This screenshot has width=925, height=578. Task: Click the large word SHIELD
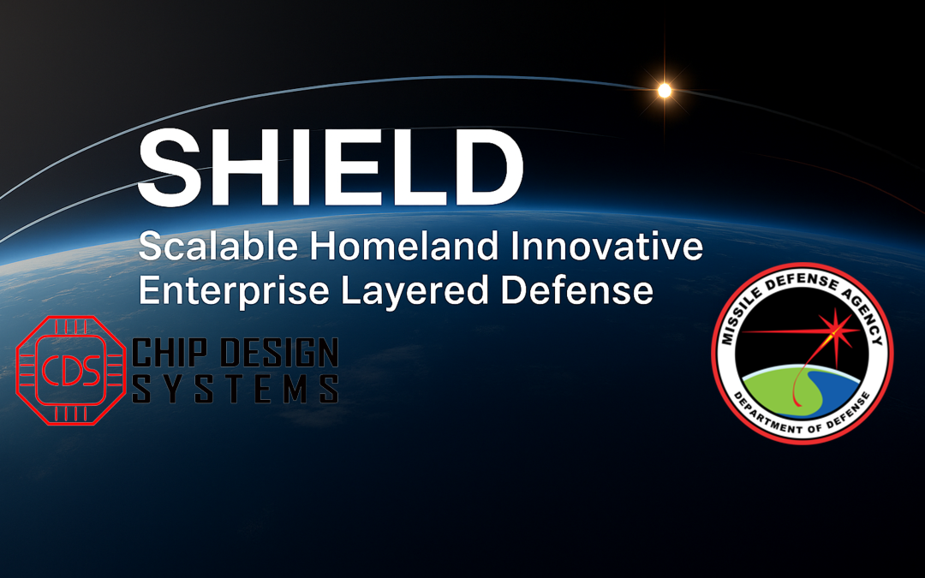pyautogui.click(x=331, y=169)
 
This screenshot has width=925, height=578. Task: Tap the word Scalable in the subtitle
pyautogui.click(x=218, y=248)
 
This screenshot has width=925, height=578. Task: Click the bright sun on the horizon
pyautogui.click(x=664, y=89)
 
